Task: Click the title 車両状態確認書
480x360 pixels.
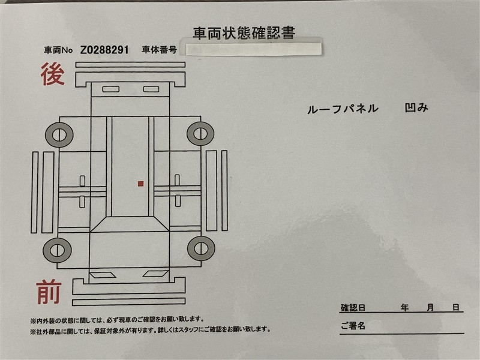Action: (244, 33)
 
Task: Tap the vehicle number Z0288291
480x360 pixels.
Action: (104, 50)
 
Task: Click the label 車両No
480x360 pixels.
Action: (58, 50)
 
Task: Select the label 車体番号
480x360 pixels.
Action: (159, 50)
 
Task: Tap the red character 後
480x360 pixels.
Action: (53, 74)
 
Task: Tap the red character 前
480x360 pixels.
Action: (49, 292)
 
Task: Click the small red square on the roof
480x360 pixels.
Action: (141, 184)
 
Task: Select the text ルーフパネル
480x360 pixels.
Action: (343, 109)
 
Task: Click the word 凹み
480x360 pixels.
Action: (416, 107)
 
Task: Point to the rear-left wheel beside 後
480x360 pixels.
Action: (59, 135)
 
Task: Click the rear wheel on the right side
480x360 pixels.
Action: (200, 134)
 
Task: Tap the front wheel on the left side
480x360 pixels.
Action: (57, 250)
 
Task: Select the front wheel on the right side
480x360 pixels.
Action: (201, 248)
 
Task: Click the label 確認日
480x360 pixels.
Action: (353, 308)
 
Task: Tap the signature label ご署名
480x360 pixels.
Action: (353, 325)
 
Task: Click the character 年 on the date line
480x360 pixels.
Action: (404, 307)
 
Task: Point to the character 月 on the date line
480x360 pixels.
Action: (430, 307)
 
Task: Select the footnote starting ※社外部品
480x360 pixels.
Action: (151, 330)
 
